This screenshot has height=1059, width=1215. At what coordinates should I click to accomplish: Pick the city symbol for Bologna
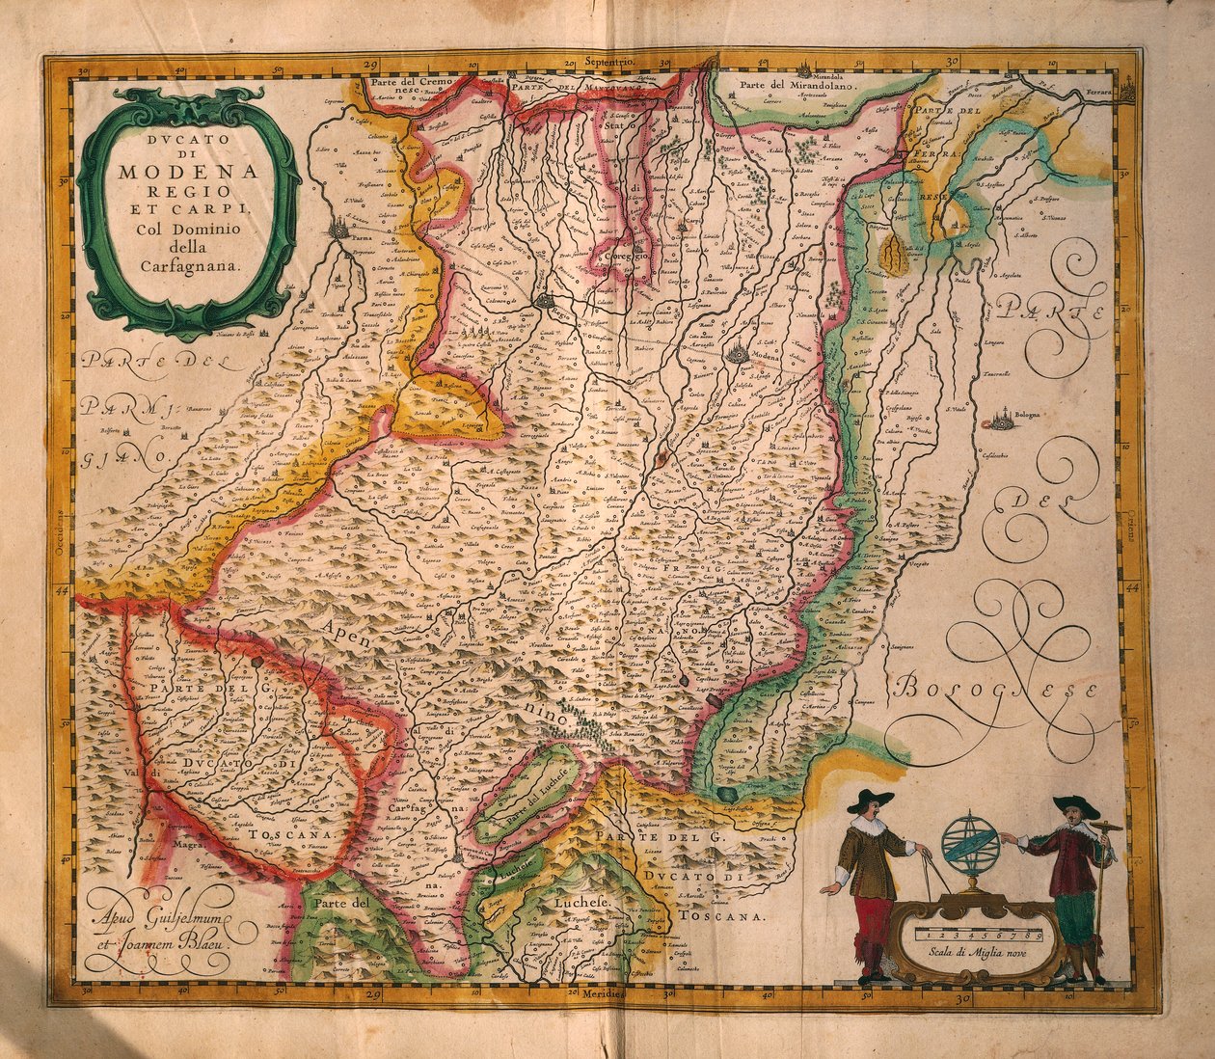pos(1002,421)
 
